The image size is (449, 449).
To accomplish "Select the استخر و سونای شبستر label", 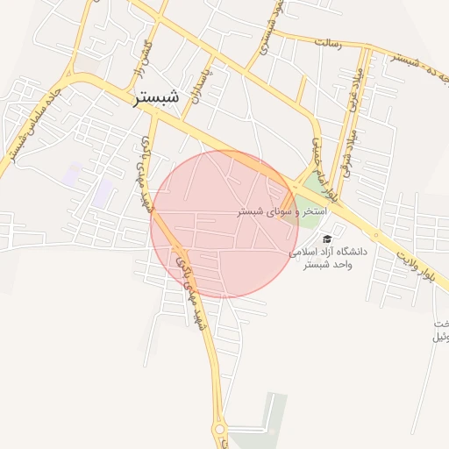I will pos(282,212).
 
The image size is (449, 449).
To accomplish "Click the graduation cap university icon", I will pos(327,239).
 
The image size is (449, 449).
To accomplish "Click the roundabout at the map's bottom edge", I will pos(218,429).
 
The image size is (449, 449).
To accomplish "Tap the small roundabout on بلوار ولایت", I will pos(375,234).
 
